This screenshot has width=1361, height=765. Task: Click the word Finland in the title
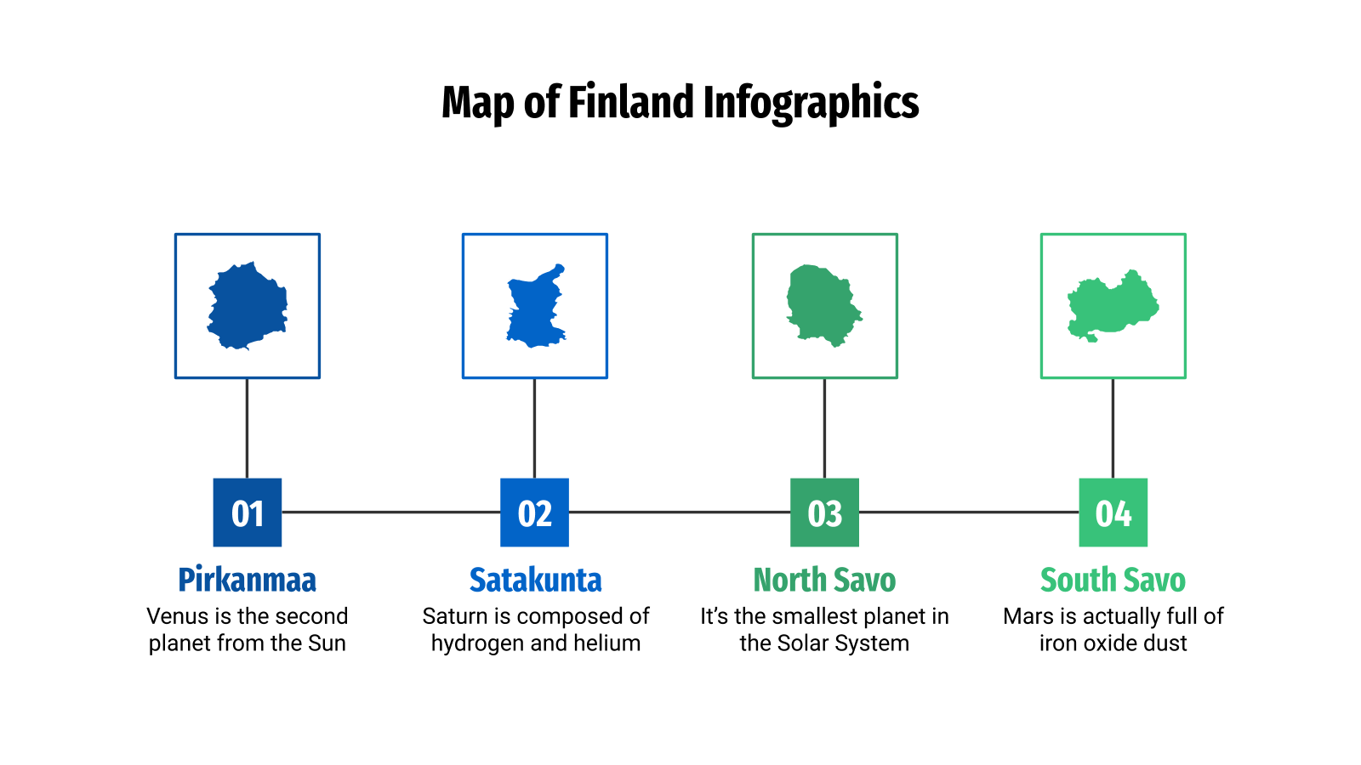[630, 102]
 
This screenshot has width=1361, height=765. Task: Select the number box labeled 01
[247, 513]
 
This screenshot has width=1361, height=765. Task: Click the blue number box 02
[534, 513]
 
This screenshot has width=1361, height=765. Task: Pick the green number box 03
[824, 513]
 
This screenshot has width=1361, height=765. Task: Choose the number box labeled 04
[1113, 513]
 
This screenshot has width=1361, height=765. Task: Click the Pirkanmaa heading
[247, 580]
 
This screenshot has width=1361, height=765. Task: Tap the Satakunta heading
[535, 580]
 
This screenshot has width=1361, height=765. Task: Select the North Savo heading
[824, 580]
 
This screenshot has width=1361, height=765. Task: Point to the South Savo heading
[1113, 580]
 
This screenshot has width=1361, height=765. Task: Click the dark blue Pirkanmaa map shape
[247, 306]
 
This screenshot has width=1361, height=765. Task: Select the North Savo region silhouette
[822, 304]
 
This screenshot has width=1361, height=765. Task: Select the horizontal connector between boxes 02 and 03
[680, 512]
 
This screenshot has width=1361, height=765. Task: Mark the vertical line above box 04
[1113, 428]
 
